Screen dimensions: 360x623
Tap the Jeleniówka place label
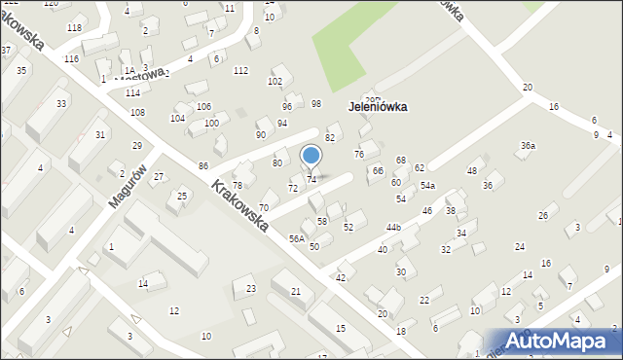click(x=375, y=107)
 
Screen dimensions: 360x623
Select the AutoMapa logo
click(x=566, y=341)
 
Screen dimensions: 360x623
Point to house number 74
click(x=311, y=179)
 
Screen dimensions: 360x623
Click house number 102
click(x=275, y=81)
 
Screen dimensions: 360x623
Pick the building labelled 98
click(x=316, y=103)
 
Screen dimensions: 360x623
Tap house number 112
click(x=240, y=70)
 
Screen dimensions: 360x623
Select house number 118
click(x=74, y=27)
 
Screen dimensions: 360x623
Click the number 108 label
click(x=138, y=113)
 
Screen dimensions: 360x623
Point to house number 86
click(x=202, y=167)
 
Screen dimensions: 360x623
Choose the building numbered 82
click(x=330, y=137)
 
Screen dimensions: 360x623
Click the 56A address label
click(x=297, y=238)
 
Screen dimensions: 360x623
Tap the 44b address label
click(x=393, y=228)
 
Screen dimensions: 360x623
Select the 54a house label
click(x=427, y=186)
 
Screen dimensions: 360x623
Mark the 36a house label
click(x=528, y=146)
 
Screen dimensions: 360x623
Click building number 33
click(x=61, y=103)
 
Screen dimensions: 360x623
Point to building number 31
click(x=99, y=134)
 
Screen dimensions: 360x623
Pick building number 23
click(x=250, y=288)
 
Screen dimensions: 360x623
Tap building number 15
click(x=340, y=328)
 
